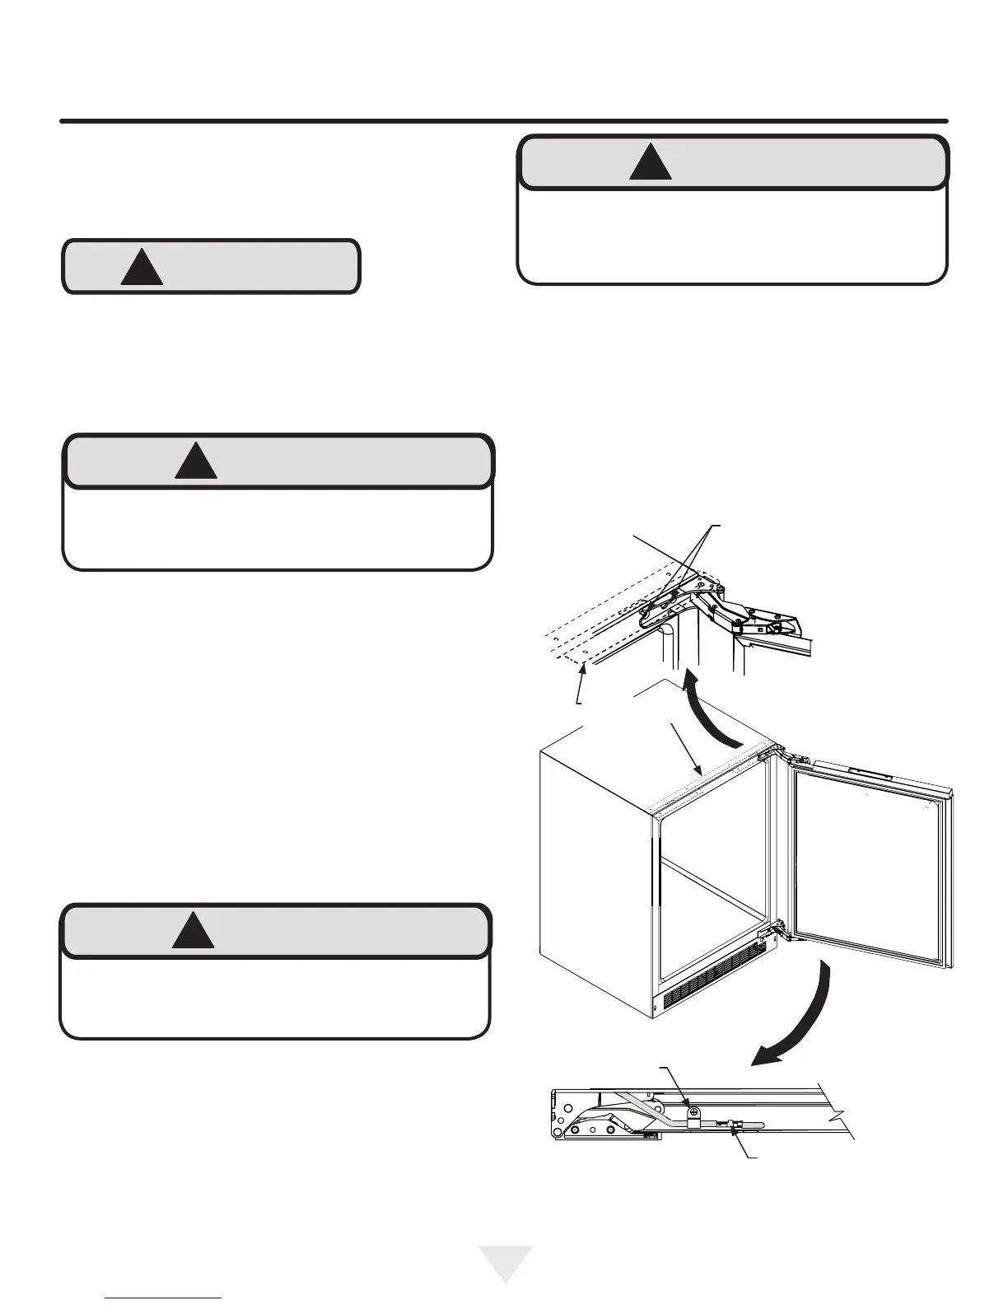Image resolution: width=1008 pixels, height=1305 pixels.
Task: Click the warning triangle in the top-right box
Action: click(x=650, y=163)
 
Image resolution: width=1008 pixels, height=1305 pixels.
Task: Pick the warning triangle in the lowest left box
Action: click(x=194, y=931)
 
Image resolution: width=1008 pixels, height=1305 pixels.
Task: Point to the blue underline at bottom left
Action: click(x=165, y=1298)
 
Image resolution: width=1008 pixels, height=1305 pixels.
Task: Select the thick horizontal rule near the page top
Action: click(x=504, y=122)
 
